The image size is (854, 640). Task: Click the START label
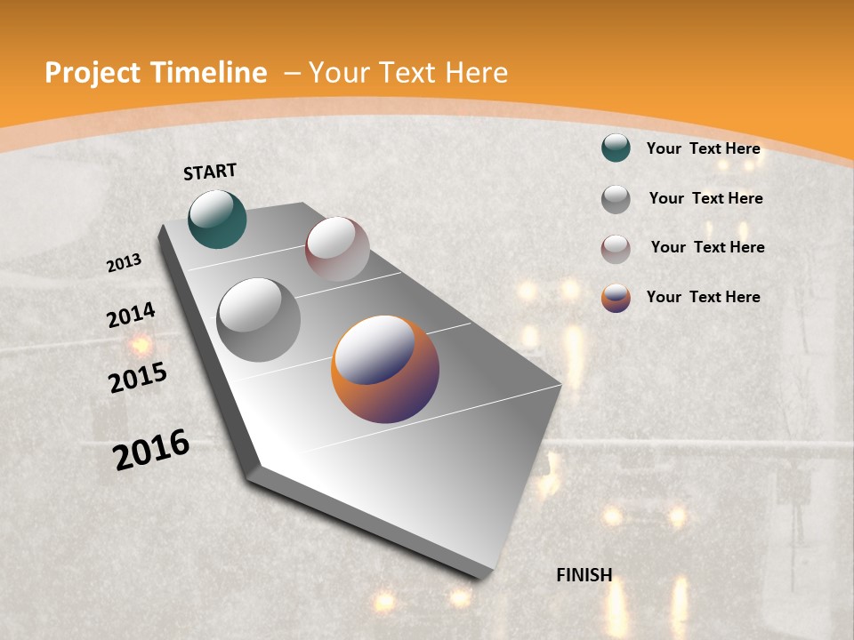(210, 172)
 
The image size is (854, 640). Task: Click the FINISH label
(584, 575)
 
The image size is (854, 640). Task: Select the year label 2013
(124, 263)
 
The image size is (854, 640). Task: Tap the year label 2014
(131, 315)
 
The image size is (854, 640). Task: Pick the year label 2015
(138, 378)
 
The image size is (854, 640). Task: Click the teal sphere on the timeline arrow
(217, 219)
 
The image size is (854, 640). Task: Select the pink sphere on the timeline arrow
(337, 249)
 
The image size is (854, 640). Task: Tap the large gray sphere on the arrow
(259, 320)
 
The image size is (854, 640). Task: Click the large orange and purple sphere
(385, 369)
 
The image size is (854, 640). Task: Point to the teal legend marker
(616, 148)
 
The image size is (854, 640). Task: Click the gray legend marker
(616, 199)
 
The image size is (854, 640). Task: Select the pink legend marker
(616, 249)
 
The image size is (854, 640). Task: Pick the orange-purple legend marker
(616, 298)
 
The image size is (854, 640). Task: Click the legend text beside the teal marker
(703, 148)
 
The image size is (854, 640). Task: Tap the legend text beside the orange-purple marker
(703, 297)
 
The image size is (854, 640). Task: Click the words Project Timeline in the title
(156, 73)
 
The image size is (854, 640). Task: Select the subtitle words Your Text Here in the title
(408, 73)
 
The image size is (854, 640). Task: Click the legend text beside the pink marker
(707, 247)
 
